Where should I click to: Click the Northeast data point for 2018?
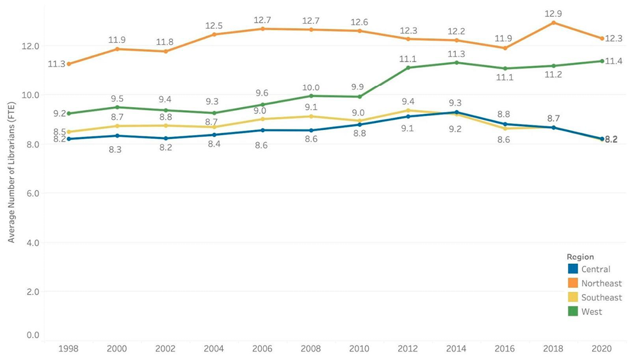click(553, 23)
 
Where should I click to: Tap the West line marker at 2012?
click(408, 68)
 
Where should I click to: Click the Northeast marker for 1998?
click(69, 64)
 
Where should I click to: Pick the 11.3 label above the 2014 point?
click(456, 54)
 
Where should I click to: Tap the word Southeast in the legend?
click(601, 297)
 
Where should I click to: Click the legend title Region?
click(580, 256)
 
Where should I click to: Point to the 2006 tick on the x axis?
click(262, 349)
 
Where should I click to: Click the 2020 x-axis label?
click(602, 349)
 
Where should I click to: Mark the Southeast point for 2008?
click(311, 116)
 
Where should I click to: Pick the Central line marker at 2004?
click(214, 135)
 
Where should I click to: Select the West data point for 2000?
click(117, 108)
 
